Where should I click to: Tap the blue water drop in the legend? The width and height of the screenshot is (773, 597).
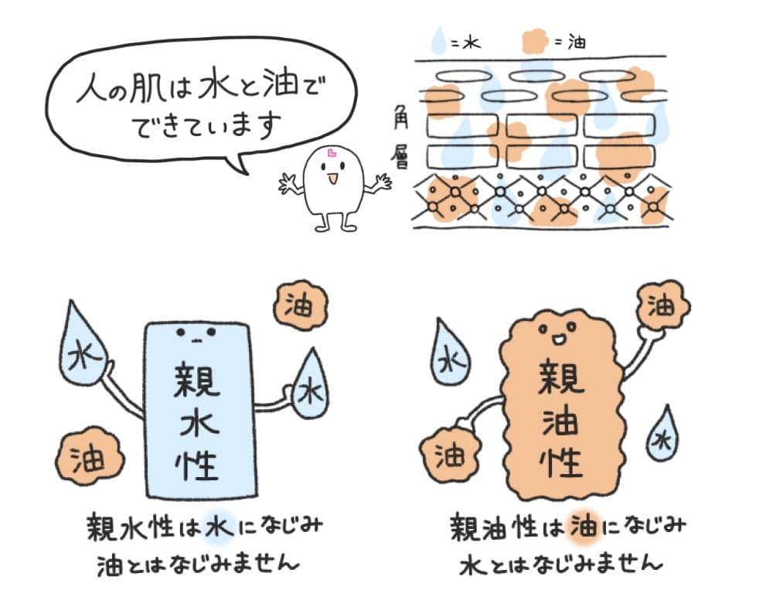click(438, 41)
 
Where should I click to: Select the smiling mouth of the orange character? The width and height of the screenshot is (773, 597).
click(559, 338)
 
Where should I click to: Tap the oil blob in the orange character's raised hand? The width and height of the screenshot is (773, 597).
click(660, 306)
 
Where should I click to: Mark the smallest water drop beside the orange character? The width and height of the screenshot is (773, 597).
click(662, 438)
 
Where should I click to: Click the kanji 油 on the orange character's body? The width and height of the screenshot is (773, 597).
click(560, 421)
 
